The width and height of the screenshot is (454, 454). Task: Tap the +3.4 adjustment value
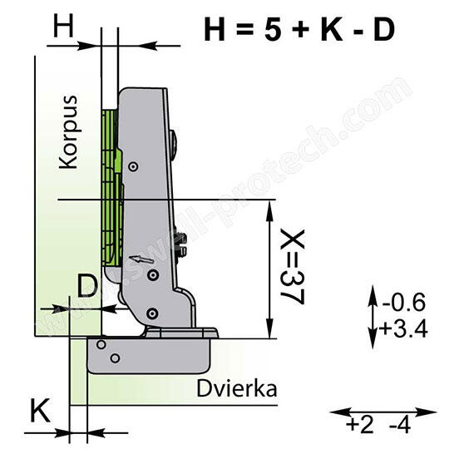403,328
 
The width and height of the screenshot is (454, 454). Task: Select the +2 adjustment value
360,426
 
